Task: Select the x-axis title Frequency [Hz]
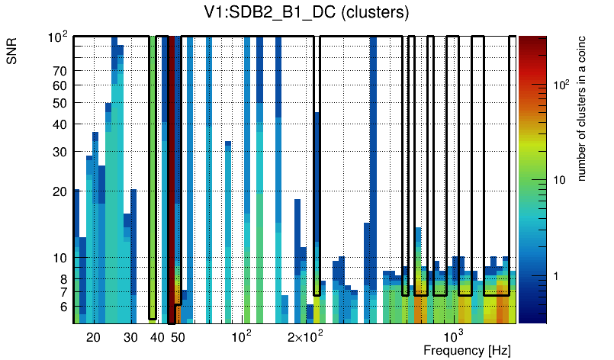click(x=467, y=350)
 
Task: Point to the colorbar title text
click(x=581, y=111)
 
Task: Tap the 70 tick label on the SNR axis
click(x=60, y=71)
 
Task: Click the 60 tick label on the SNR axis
click(x=60, y=85)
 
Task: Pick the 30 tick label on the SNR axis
click(x=60, y=152)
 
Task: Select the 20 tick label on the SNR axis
click(x=60, y=191)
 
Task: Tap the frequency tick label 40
click(x=156, y=337)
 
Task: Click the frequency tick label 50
click(x=177, y=337)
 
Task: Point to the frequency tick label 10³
click(x=453, y=336)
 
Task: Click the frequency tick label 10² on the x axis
click(x=242, y=336)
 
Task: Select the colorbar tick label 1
click(x=555, y=276)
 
